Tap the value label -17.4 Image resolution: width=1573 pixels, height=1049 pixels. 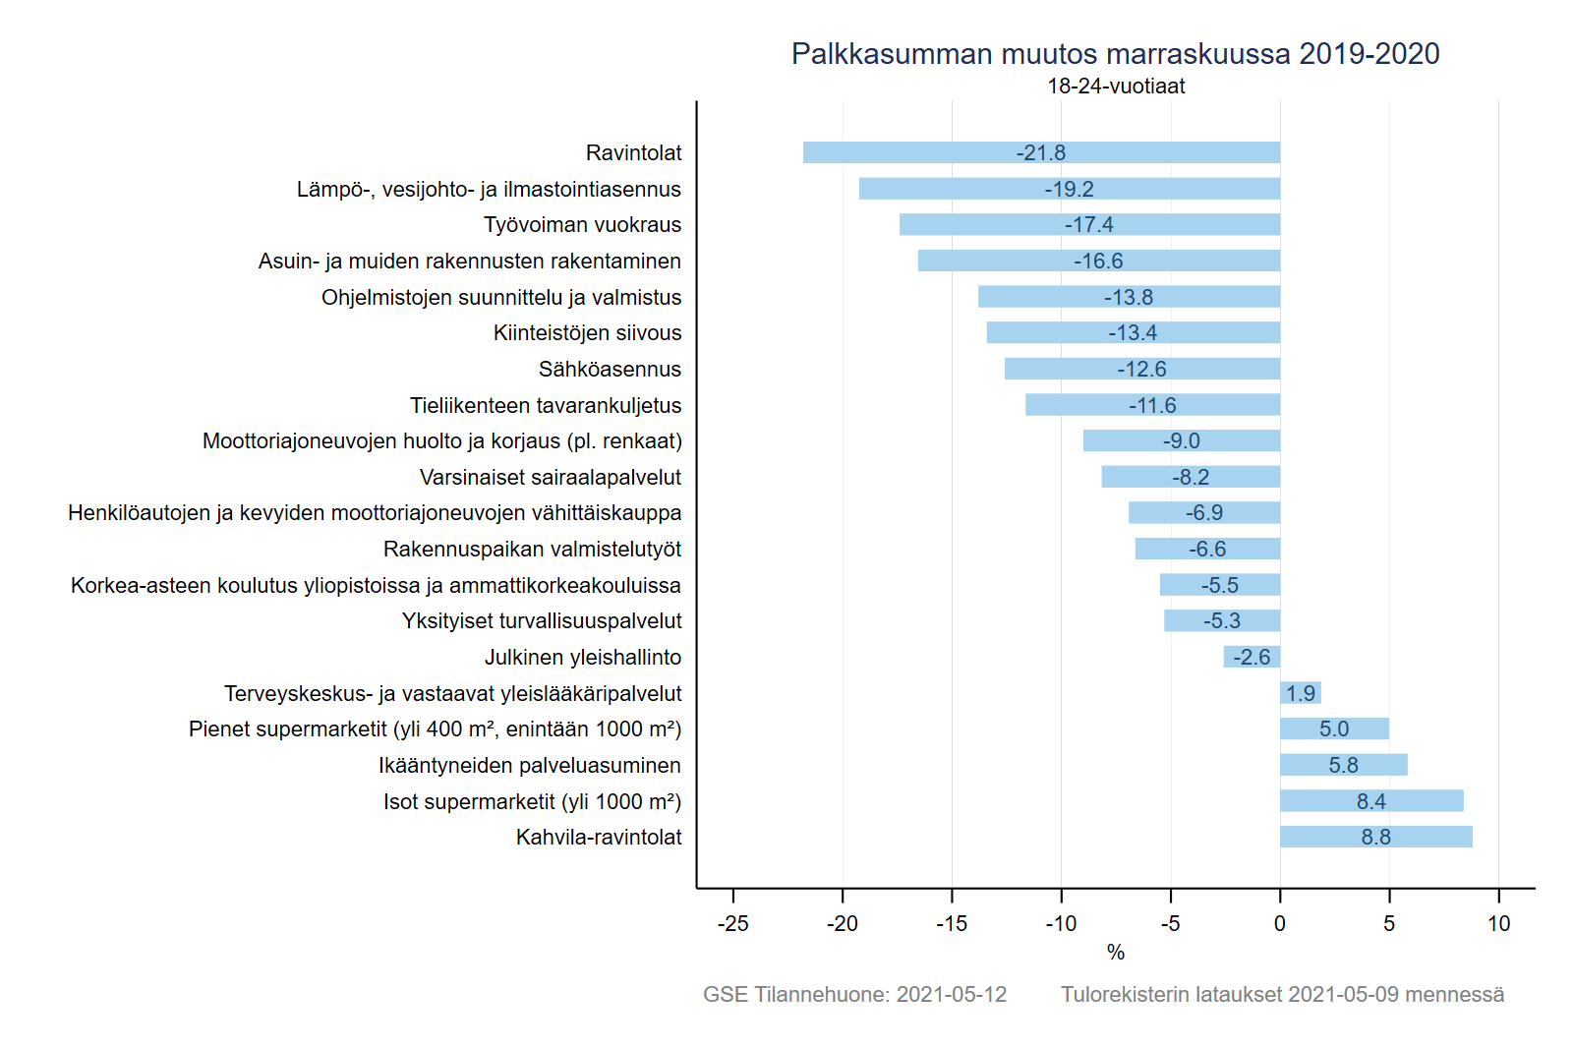pos(1088,225)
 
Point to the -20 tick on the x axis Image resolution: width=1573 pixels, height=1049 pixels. pos(842,923)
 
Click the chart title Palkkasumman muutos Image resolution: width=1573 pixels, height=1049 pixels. pos(1115,53)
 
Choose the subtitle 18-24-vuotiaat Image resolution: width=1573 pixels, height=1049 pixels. pos(1115,87)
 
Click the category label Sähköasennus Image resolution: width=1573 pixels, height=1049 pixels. pos(610,370)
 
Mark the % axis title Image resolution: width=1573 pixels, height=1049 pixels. pos(1115,952)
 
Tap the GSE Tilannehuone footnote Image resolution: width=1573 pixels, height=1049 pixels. pos(854,994)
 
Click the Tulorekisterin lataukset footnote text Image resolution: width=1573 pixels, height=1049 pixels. pos(1282,994)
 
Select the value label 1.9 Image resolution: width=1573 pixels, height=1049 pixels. pos(1300,693)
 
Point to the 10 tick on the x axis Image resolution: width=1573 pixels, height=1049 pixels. pos(1498,923)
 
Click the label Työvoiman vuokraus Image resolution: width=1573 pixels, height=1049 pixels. pos(582,225)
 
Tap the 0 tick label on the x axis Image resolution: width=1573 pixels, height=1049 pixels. pos(1279,923)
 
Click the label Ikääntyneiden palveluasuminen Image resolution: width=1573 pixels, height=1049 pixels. pos(529,765)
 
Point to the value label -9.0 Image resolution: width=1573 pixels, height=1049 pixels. pos(1181,441)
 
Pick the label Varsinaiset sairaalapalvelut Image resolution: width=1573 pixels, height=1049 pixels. pos(550,478)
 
